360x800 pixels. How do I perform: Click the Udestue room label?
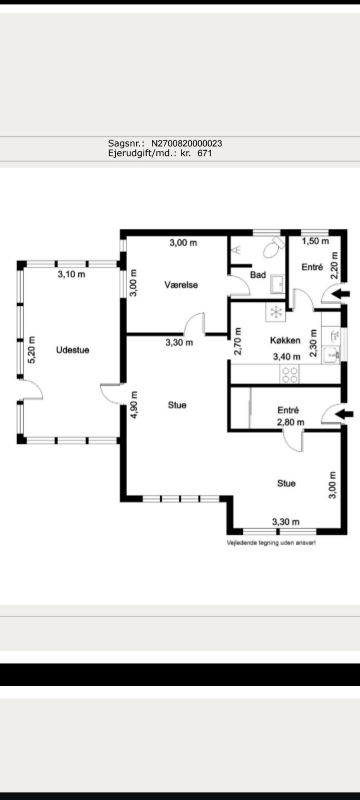[73, 350]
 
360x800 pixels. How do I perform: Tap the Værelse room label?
[181, 285]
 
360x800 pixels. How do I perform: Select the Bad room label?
[258, 275]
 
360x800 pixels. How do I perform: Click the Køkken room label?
[285, 340]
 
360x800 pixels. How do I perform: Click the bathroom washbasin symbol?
[278, 285]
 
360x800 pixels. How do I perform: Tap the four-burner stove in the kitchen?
[290, 374]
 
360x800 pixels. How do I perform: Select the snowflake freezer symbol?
[276, 312]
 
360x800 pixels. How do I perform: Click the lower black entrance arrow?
[344, 414]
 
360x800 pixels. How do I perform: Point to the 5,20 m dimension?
[32, 350]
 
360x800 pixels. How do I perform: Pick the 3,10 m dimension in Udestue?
[72, 274]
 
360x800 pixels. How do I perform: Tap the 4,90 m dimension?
[134, 405]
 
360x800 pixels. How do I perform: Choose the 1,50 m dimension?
[315, 241]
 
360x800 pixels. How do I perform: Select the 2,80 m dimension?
[290, 422]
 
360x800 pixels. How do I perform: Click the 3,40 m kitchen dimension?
[287, 357]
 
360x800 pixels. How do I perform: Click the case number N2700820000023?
[187, 143]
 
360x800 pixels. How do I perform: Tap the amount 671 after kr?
[205, 153]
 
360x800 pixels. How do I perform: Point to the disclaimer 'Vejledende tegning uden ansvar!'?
[271, 543]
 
